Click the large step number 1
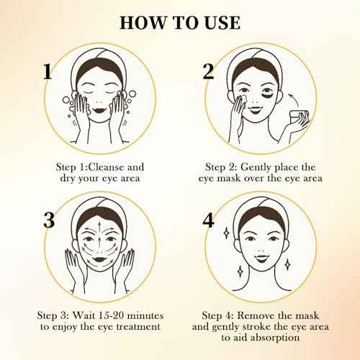tap(48, 71)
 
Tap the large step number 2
tap(209, 71)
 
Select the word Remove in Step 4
tap(266, 316)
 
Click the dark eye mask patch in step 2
tap(278, 91)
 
